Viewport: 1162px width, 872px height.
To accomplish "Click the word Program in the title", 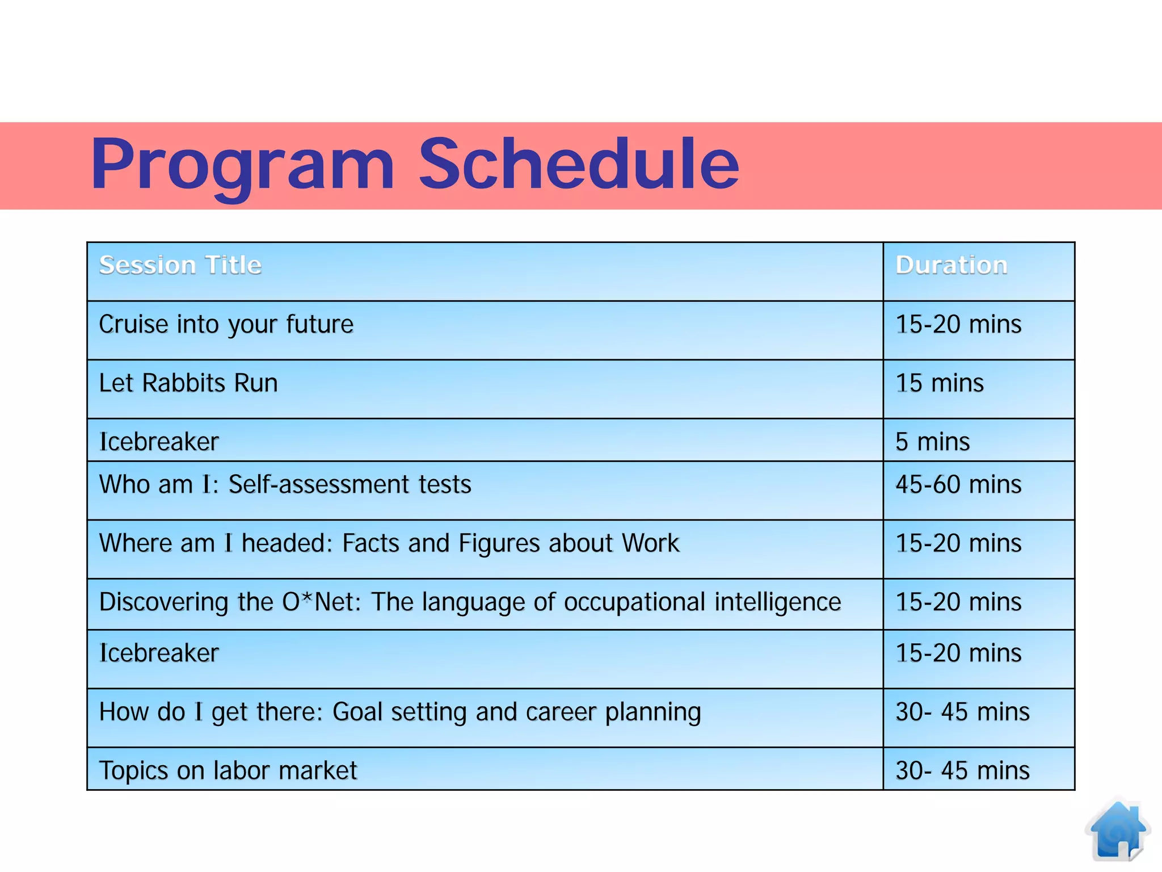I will click(x=242, y=165).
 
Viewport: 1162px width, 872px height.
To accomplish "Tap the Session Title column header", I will click(x=180, y=265).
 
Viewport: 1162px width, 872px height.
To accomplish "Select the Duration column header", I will click(x=952, y=265).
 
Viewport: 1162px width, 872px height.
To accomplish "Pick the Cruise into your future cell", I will click(x=226, y=325).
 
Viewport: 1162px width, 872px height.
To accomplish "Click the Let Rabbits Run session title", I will click(x=188, y=383).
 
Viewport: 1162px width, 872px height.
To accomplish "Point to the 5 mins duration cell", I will click(x=932, y=442).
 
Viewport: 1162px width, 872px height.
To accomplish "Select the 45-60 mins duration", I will click(x=958, y=485).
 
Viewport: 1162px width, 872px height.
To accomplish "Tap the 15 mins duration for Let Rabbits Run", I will click(x=940, y=383).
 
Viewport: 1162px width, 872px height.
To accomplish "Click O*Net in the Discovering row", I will click(x=321, y=602).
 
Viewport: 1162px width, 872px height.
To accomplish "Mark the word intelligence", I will click(x=777, y=602).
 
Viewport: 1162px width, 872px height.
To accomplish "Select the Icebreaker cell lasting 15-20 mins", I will click(x=159, y=653).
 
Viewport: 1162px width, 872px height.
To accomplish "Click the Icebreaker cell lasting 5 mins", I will click(x=159, y=442).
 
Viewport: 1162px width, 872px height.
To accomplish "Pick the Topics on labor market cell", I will click(x=228, y=771).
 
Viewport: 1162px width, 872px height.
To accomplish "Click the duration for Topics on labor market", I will click(x=962, y=771).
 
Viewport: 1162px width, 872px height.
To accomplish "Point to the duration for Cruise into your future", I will click(x=958, y=325).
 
